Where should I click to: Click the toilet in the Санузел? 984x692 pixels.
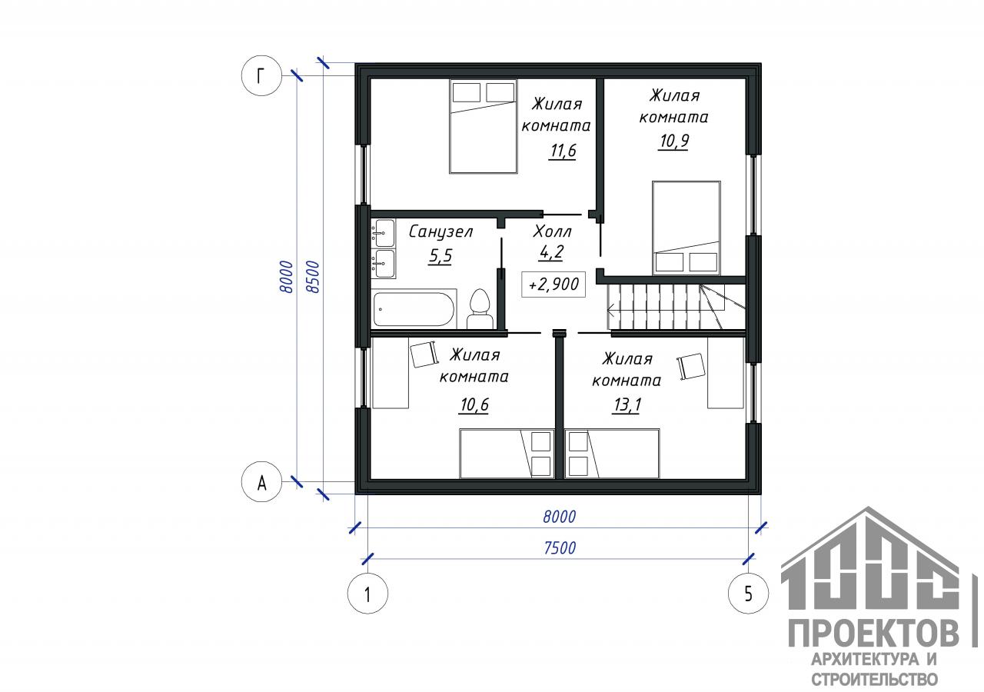480,309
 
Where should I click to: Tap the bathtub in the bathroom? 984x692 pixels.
414,309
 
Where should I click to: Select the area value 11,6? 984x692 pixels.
563,151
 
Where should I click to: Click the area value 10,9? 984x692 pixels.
674,141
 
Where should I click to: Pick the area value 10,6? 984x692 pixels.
474,404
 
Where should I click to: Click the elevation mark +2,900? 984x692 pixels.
553,284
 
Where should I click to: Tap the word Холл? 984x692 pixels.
552,231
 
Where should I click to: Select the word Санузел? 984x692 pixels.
440,231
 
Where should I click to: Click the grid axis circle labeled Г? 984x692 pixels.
261,76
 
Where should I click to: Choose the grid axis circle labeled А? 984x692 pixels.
261,482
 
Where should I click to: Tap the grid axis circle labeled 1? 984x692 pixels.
367,594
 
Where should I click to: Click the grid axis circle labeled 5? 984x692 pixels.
749,594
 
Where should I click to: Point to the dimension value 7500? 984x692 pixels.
560,548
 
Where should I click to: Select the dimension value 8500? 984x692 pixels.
313,277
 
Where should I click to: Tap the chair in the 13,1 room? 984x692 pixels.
690,366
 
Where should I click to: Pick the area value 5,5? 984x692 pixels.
440,256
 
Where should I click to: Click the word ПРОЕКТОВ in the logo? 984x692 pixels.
874,634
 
